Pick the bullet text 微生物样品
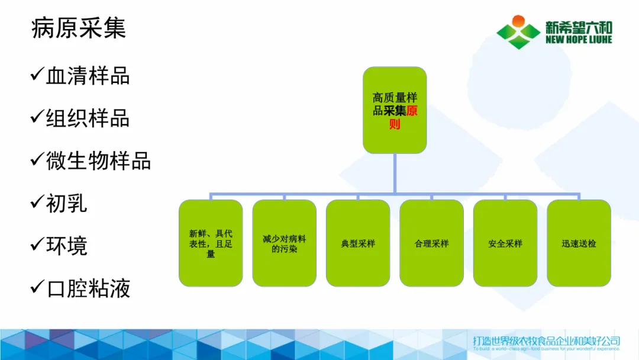tap(98, 161)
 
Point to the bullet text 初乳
tap(67, 203)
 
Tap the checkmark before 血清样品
tap(37, 75)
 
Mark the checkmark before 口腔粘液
tap(37, 287)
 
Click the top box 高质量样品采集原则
tap(395, 110)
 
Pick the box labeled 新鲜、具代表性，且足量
tap(211, 243)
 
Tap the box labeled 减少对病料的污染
tap(284, 243)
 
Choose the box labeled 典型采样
tap(358, 243)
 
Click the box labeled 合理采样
tap(431, 243)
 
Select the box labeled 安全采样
tap(505, 243)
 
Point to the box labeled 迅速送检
tap(579, 243)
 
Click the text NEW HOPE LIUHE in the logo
tap(579, 40)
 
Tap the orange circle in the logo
tap(518, 22)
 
